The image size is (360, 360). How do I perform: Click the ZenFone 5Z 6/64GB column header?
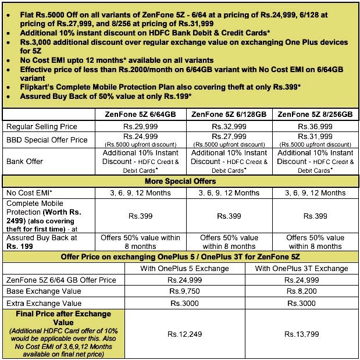(x=140, y=114)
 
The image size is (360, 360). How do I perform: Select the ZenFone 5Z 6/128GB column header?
(x=228, y=114)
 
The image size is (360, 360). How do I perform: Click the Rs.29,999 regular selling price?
(x=140, y=126)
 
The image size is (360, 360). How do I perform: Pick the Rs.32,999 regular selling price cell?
(x=228, y=126)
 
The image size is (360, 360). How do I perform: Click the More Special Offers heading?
(x=180, y=181)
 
